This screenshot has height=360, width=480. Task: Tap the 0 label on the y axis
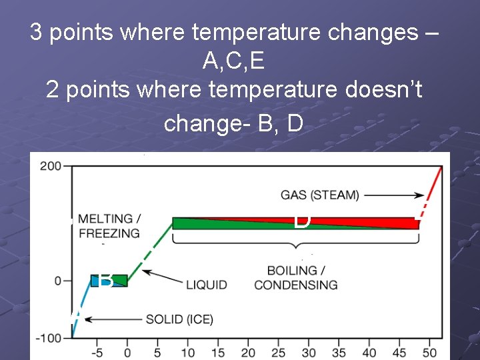(59, 281)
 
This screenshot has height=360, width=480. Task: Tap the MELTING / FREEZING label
(109, 226)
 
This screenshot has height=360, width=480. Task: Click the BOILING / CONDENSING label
(295, 278)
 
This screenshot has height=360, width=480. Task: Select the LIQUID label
(206, 285)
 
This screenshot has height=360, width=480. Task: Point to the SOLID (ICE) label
(179, 319)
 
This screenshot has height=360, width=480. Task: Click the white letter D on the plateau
(302, 221)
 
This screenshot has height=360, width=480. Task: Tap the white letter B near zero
(105, 281)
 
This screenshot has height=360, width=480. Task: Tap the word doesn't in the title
(381, 90)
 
